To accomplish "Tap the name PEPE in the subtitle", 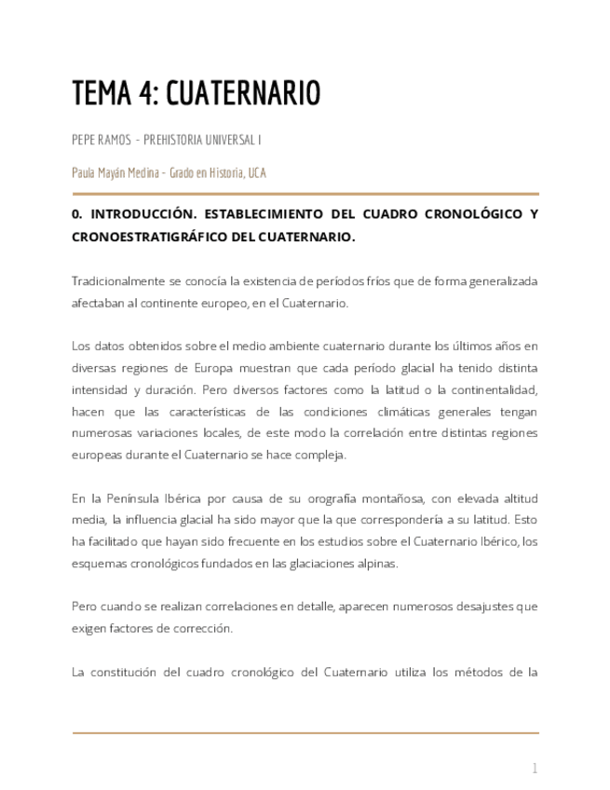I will pyautogui.click(x=85, y=140).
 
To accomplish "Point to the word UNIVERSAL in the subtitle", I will pyautogui.click(x=224, y=140).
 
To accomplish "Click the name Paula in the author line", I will pyautogui.click(x=85, y=173).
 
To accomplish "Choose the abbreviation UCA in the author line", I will pyautogui.click(x=257, y=173).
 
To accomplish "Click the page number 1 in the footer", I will pyautogui.click(x=535, y=769).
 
